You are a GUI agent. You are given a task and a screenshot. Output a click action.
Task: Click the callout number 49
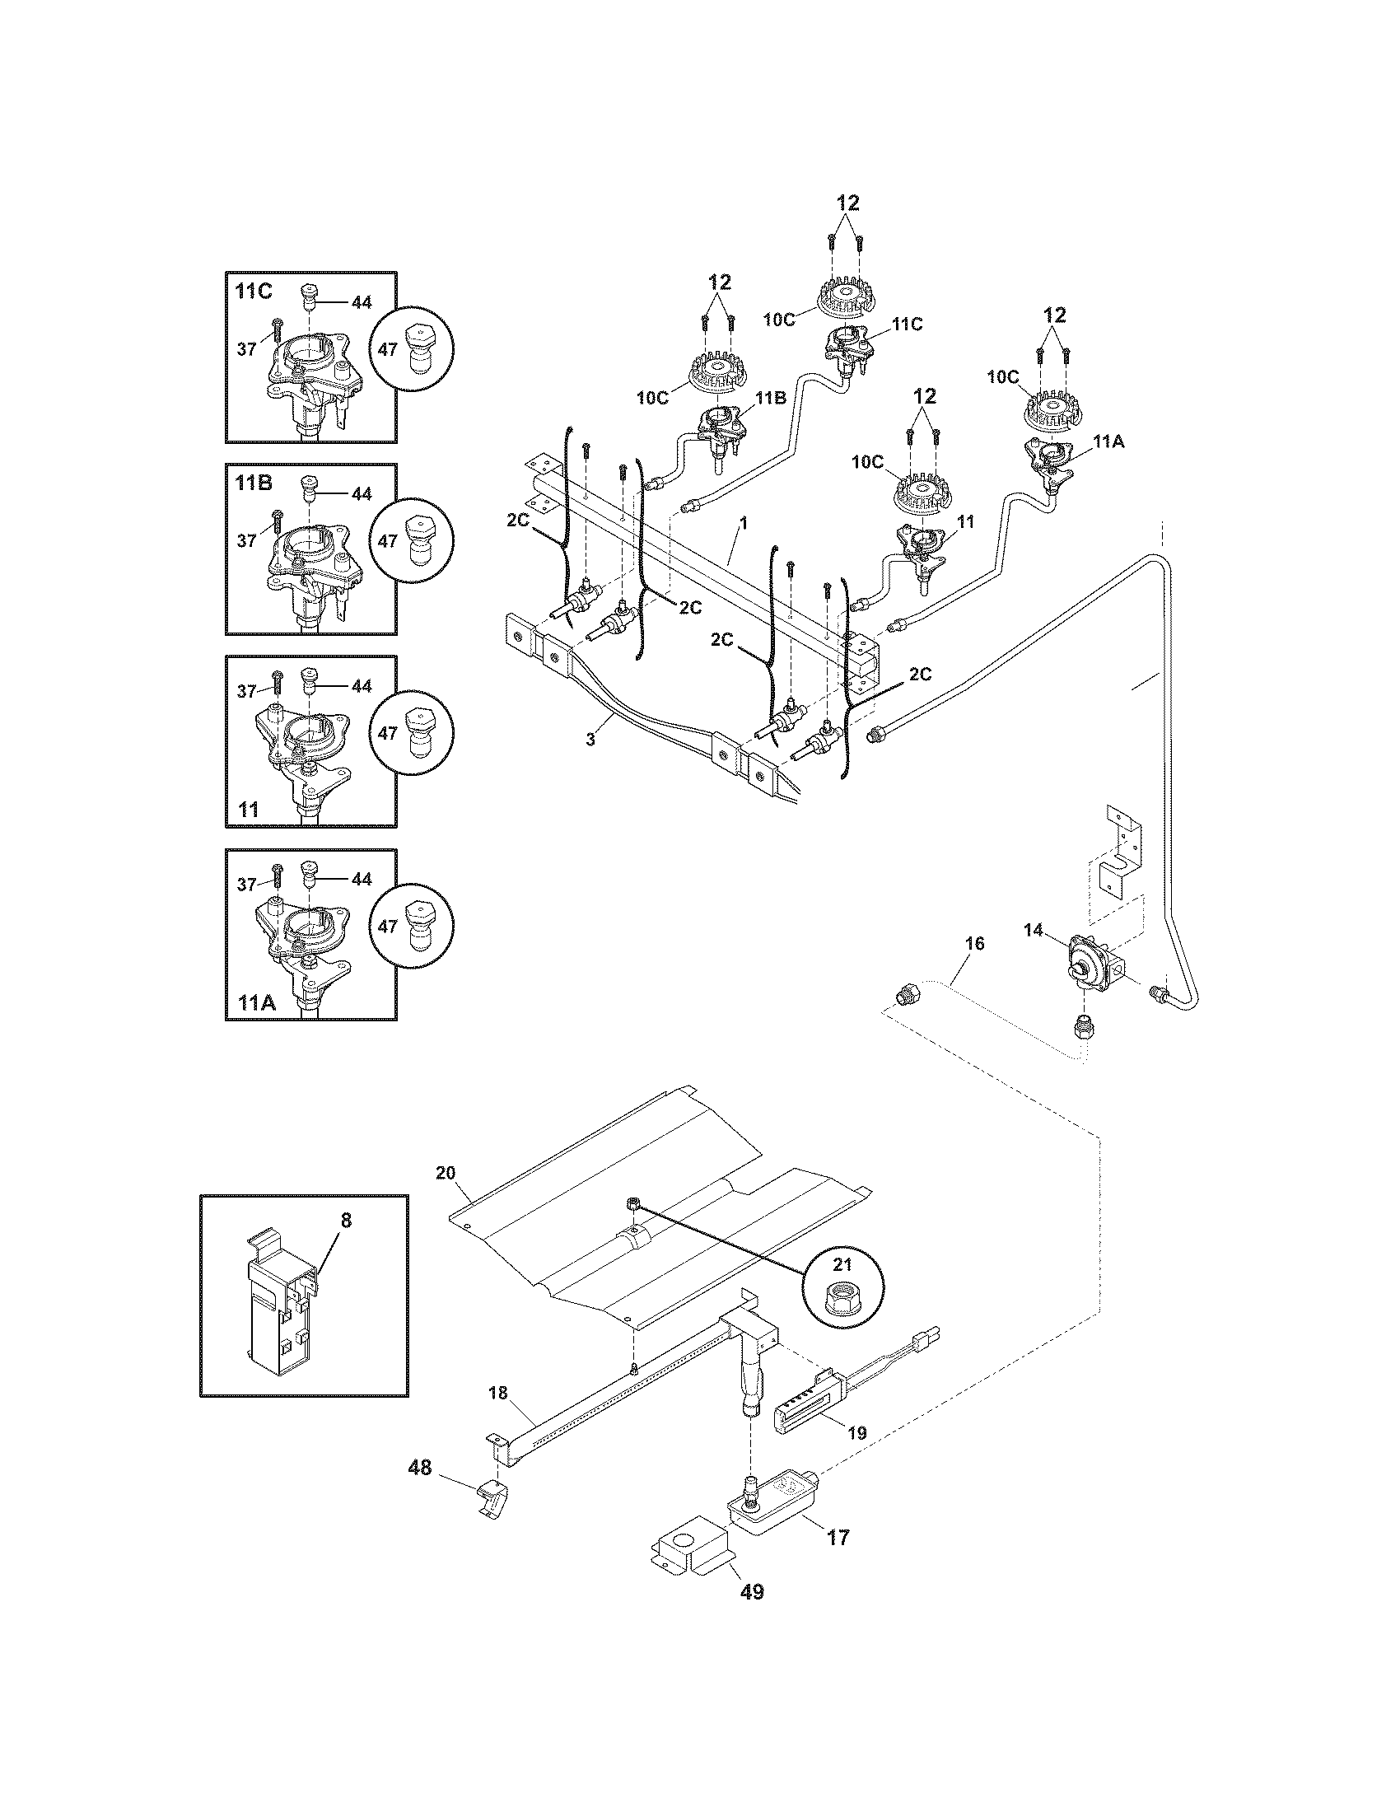pos(750,1592)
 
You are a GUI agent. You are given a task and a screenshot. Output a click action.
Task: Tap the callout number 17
pos(838,1538)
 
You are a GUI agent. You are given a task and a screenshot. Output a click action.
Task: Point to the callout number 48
pos(420,1469)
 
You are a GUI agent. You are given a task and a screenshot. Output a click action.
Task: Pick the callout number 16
pos(974,943)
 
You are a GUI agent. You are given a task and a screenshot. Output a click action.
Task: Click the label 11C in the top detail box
pos(254,292)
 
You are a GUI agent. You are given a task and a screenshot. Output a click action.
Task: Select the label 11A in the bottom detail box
pos(254,1002)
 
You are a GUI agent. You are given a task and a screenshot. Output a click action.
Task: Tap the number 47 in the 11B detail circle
pos(387,541)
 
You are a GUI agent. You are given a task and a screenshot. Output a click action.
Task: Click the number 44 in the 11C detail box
pos(361,303)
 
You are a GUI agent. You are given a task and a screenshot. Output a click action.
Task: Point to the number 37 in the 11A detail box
pos(246,885)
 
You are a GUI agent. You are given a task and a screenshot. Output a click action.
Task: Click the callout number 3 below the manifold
pos(590,740)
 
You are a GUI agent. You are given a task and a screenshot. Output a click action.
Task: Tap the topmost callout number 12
pos(847,203)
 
